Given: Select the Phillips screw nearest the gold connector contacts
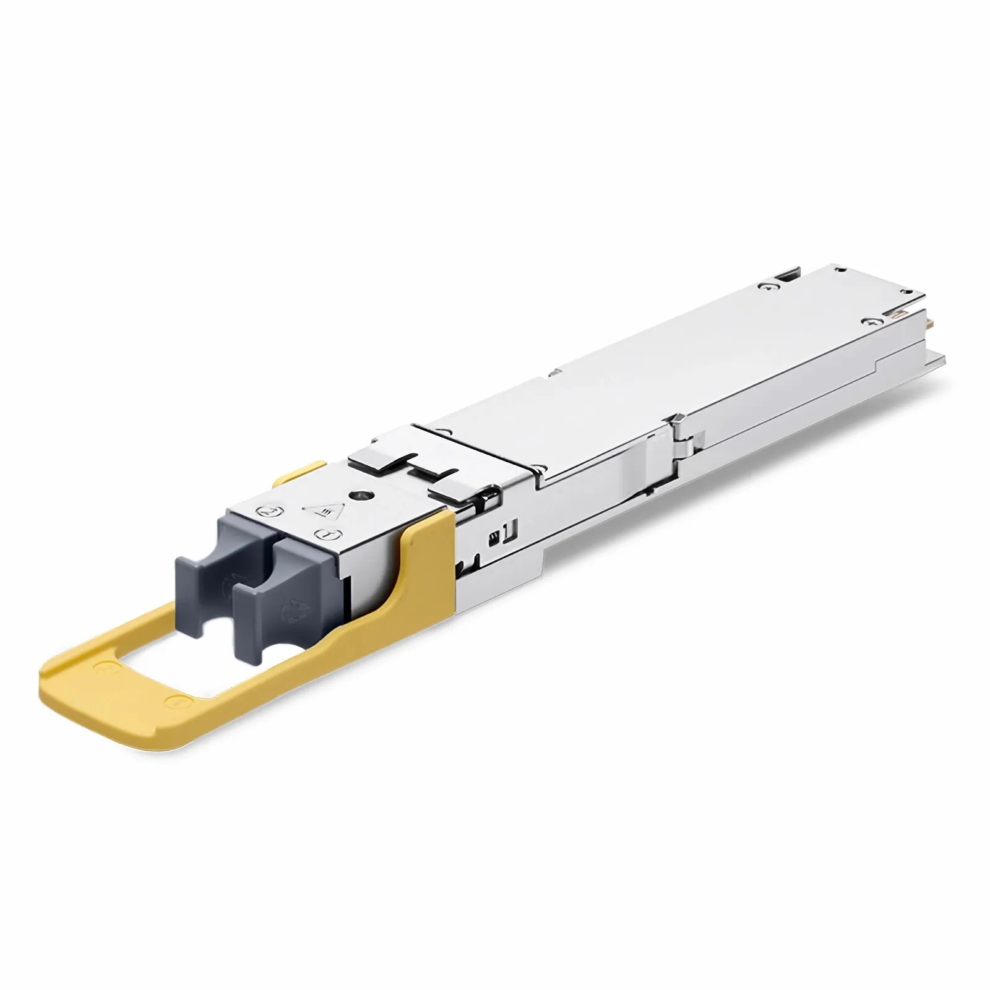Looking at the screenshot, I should tap(873, 322).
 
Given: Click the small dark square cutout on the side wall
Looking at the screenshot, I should tap(495, 536).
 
